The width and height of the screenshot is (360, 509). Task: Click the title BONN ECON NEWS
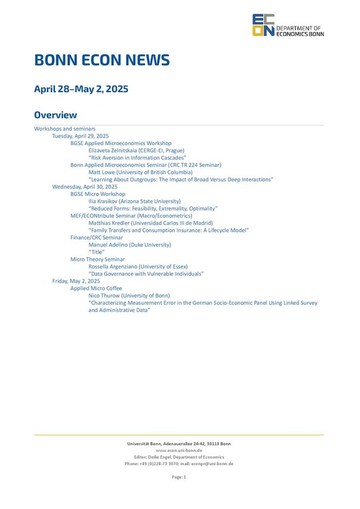click(102, 60)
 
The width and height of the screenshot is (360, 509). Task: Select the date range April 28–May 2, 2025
click(81, 89)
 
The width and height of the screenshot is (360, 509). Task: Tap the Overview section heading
click(56, 115)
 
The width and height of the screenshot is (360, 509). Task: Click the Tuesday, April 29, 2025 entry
click(80, 136)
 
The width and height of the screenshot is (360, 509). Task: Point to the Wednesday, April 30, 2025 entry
click(85, 187)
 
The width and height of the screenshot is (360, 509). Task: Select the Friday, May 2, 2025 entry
click(76, 281)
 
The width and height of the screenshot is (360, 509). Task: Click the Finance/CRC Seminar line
click(97, 237)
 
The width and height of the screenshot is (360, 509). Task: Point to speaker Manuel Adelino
click(129, 245)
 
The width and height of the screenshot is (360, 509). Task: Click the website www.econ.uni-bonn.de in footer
click(179, 450)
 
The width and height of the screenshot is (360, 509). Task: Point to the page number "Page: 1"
click(179, 477)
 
